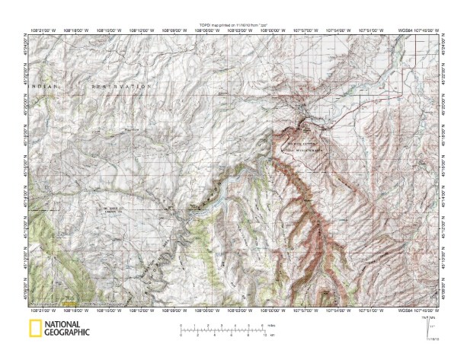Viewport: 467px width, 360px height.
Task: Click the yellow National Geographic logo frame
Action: point(34,329)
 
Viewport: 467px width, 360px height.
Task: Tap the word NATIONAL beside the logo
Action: point(66,325)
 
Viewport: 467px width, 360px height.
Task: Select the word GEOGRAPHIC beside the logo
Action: point(67,333)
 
